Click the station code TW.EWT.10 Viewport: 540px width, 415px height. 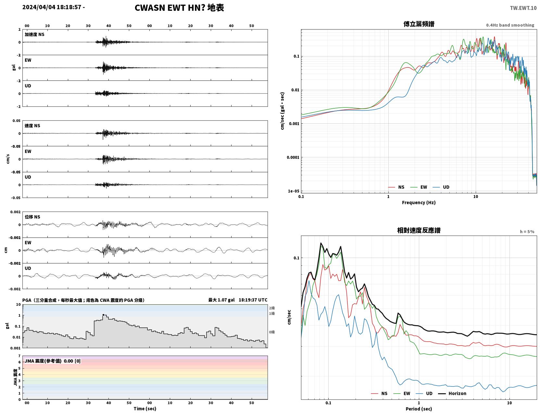[523, 8]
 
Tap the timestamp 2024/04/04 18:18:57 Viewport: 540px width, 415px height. [52, 7]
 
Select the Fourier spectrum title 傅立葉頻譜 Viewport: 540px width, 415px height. [419, 24]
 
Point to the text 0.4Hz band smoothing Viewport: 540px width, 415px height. [510, 25]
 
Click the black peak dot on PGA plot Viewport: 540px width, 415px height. [103, 315]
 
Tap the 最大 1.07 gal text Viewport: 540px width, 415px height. [221, 300]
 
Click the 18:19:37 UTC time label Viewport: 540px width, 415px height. [253, 300]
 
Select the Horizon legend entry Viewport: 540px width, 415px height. [452, 393]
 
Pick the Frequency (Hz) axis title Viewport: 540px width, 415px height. [419, 202]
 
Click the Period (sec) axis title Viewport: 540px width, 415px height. [419, 409]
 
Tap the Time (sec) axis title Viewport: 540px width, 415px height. [145, 409]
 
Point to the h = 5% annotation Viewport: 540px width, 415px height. [527, 232]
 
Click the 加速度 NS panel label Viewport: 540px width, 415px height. [34, 34]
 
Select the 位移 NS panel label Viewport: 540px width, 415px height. [32, 217]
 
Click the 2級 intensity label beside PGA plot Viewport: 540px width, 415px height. [272, 308]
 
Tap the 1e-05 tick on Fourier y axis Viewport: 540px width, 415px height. [294, 191]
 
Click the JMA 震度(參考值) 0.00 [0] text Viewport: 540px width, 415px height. [52, 361]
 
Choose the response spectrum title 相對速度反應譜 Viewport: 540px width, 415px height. [419, 230]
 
